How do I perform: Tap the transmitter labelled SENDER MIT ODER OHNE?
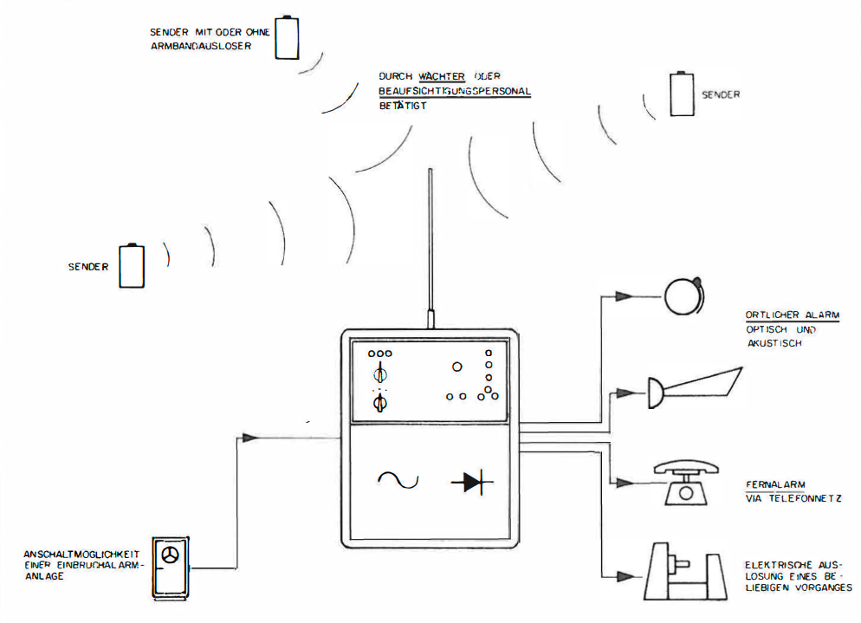(x=285, y=36)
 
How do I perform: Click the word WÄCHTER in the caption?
(x=442, y=76)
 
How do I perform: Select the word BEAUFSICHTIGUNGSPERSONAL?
(x=454, y=91)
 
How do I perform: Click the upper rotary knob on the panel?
(x=379, y=375)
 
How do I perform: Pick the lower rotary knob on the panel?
(x=379, y=403)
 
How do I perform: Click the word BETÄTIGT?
(x=403, y=106)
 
